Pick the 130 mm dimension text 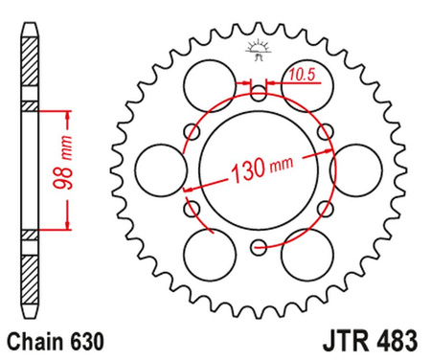click(259, 173)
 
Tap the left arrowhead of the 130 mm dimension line click(190, 192)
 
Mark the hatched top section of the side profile click(32, 67)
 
